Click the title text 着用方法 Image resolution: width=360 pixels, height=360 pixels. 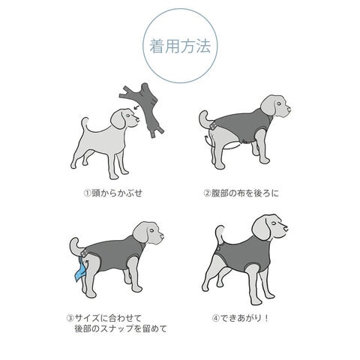(x=180, y=46)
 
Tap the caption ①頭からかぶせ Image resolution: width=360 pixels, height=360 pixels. (x=113, y=193)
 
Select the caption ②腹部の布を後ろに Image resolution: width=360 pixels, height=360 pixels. (x=241, y=193)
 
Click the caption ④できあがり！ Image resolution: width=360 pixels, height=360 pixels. (x=241, y=318)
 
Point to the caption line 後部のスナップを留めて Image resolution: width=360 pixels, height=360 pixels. (x=121, y=328)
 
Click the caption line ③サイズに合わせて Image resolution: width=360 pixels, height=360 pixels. (x=104, y=318)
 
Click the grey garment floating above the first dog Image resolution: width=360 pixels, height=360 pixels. (x=142, y=109)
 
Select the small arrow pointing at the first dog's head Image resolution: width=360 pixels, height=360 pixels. (x=136, y=107)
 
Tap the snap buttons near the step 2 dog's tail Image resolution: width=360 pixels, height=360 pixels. (x=212, y=126)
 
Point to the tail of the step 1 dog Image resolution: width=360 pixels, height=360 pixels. (x=85, y=125)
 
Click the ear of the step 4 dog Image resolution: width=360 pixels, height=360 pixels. (x=261, y=229)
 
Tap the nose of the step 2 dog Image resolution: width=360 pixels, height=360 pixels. (x=289, y=109)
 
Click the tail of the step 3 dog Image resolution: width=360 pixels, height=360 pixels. (x=76, y=246)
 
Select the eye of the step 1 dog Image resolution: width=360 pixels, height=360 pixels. (x=128, y=115)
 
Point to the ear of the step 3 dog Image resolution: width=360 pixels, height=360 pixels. (x=140, y=232)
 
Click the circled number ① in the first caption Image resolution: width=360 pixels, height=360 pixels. (x=88, y=193)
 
